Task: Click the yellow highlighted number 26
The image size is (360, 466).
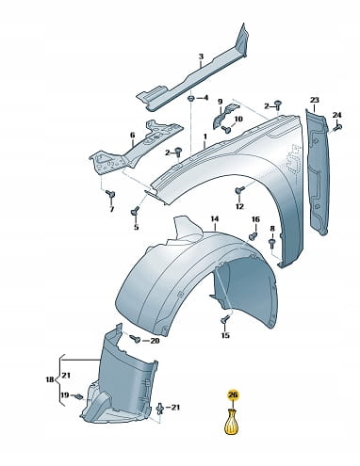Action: [x=233, y=395]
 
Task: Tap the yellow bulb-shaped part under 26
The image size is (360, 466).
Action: [x=232, y=422]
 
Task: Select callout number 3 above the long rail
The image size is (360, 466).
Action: [x=201, y=56]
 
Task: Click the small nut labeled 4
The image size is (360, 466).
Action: [x=190, y=99]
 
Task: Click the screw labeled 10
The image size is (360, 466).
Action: [x=225, y=128]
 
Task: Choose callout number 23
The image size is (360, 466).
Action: [x=315, y=100]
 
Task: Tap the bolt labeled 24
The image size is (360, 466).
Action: [x=337, y=127]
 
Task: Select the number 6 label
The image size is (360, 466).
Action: [x=133, y=136]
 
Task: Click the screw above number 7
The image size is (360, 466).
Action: [x=110, y=194]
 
